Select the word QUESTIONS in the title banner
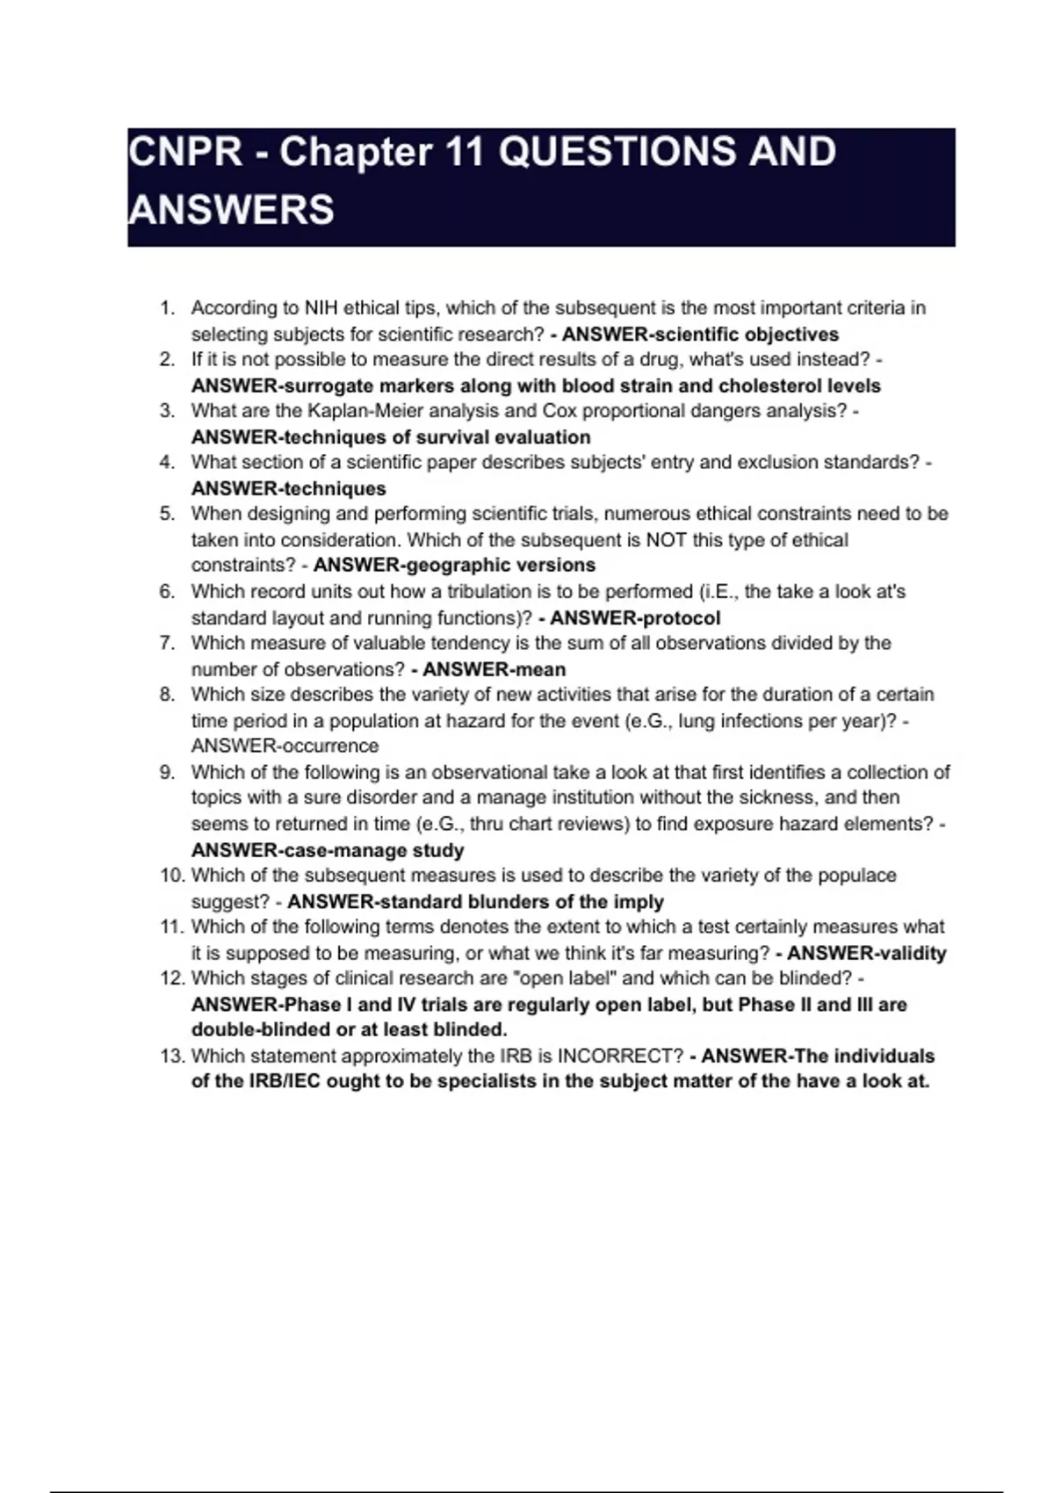(614, 152)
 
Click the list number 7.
(167, 643)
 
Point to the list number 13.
(171, 1057)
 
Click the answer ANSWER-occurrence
(285, 746)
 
